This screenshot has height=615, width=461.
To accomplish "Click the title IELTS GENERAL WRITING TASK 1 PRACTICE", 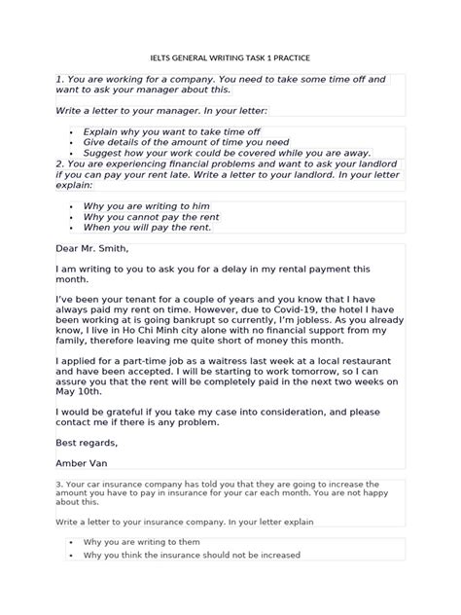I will tap(230, 57).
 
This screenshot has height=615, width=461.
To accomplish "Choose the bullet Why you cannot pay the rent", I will tap(152, 217).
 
